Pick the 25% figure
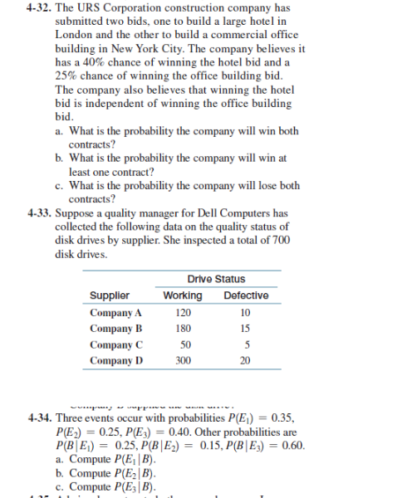tap(65, 76)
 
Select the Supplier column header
tap(108, 296)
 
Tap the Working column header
tap(183, 296)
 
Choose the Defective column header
tap(246, 296)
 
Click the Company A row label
tap(116, 313)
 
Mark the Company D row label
tap(116, 360)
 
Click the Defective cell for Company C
tap(244, 344)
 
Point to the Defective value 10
tap(244, 313)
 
